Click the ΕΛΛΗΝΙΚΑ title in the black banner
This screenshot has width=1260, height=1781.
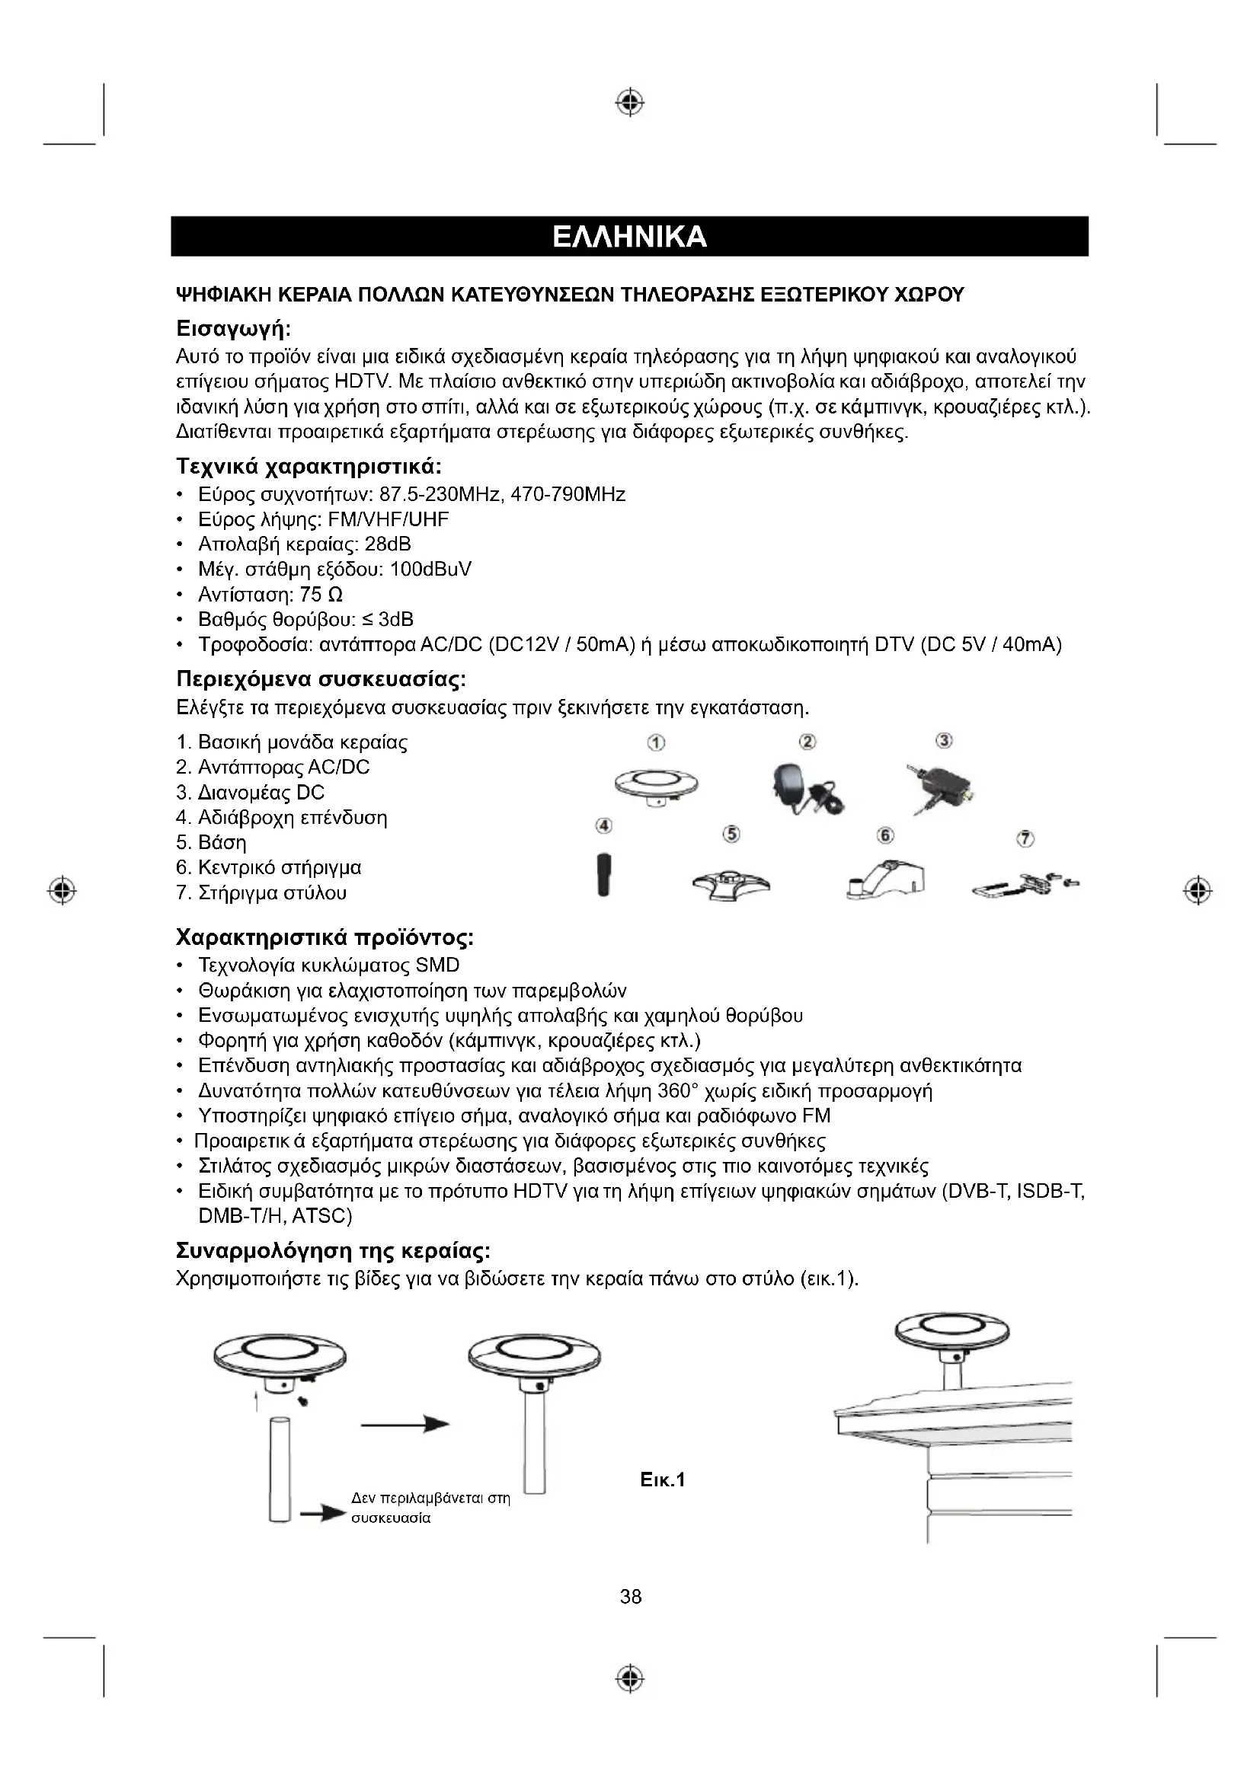629,237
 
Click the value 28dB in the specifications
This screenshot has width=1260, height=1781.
387,544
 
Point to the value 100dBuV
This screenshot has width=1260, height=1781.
430,570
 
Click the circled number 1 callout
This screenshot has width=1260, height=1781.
656,742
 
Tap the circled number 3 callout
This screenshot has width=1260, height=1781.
944,741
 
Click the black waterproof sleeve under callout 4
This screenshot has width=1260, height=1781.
603,873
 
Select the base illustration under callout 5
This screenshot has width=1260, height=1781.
731,883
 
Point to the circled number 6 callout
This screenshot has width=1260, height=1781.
885,835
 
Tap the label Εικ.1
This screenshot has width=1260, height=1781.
664,1480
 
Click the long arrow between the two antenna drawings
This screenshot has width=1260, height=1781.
405,1424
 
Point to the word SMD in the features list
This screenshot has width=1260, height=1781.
437,966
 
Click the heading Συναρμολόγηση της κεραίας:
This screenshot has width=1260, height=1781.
334,1251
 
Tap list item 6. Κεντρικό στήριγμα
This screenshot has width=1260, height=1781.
268,867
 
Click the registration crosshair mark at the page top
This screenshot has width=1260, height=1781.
630,101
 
